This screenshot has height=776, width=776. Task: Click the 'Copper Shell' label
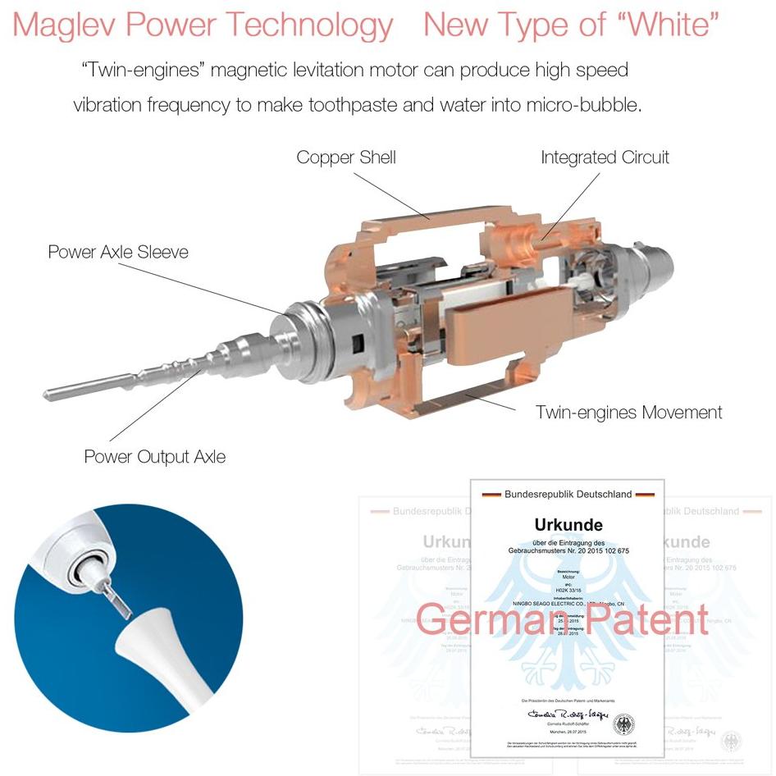click(345, 157)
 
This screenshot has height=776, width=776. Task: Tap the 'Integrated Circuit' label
click(605, 157)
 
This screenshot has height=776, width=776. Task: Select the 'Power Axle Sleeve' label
click(118, 252)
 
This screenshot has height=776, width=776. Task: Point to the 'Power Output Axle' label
click(155, 456)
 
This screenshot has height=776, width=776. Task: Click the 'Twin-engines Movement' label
click(628, 412)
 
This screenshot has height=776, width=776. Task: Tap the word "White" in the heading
click(672, 25)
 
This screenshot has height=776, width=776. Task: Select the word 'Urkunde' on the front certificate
click(568, 523)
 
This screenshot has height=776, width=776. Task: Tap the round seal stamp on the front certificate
click(623, 725)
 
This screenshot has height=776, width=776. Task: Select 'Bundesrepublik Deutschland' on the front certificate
click(568, 494)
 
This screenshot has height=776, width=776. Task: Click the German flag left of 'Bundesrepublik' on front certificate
click(491, 495)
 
